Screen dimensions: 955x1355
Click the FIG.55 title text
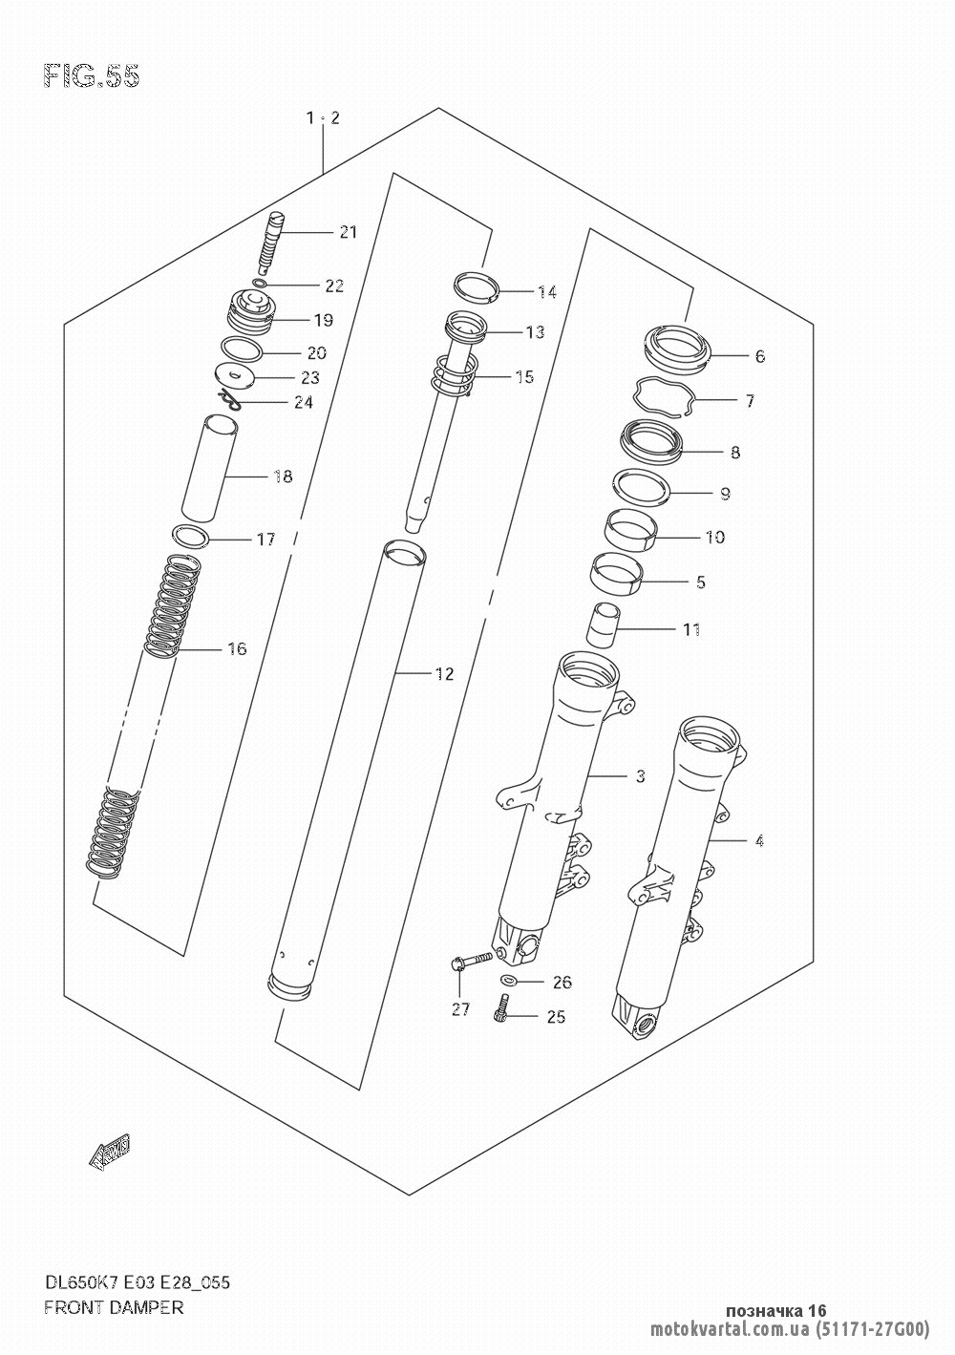(x=92, y=76)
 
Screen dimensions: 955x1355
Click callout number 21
(x=348, y=232)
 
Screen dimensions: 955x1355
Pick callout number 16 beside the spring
(x=237, y=649)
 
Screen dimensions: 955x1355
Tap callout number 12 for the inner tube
(x=444, y=674)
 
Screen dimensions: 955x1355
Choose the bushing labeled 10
(x=631, y=530)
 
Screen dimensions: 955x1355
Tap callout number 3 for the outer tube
(x=641, y=775)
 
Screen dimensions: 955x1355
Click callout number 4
(x=759, y=841)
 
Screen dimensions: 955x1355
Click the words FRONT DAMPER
(x=114, y=1305)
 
